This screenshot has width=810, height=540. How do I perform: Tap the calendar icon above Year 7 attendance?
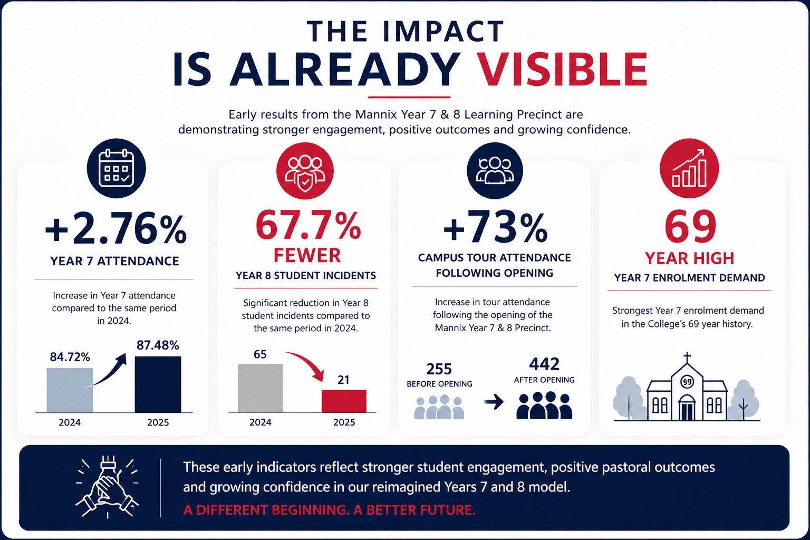[116, 168]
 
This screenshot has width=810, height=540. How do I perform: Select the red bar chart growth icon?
[689, 168]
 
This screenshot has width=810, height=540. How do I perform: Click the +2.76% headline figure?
[115, 228]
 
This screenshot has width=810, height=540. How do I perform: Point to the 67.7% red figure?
[308, 225]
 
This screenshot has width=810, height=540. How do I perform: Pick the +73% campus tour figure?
[495, 227]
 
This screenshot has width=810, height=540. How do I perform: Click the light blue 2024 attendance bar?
[70, 390]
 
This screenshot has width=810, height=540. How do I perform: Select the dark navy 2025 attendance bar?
[158, 384]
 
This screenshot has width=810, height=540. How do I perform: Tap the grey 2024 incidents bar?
[261, 388]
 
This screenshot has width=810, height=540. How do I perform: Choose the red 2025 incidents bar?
[344, 401]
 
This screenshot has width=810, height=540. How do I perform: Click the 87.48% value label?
[158, 345]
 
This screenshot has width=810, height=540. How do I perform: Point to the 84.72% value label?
[70, 358]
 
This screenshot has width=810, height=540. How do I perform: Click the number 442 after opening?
[544, 364]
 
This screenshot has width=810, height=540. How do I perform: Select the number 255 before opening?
[439, 369]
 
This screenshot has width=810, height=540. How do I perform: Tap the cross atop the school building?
[687, 358]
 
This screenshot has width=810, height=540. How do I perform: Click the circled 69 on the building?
[687, 382]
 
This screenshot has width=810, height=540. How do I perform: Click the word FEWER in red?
[307, 255]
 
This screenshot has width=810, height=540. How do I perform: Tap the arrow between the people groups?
[494, 401]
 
